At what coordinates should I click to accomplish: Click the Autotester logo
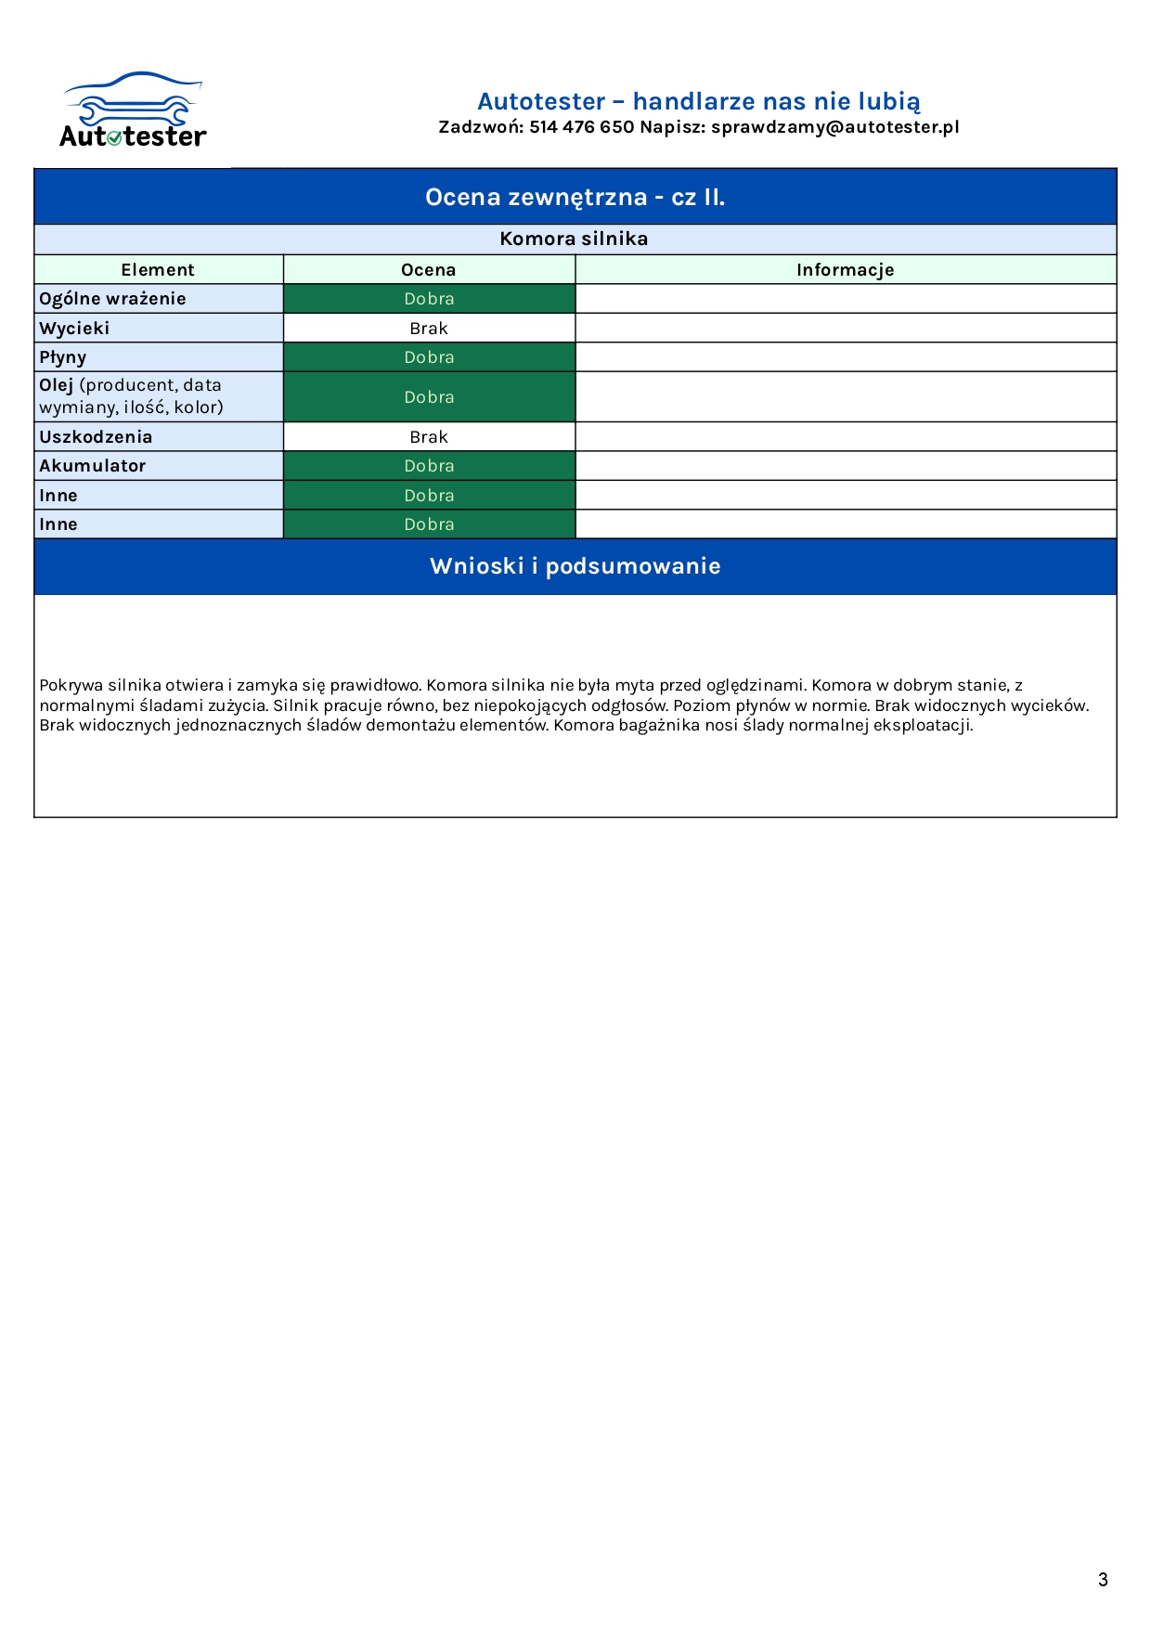click(x=133, y=111)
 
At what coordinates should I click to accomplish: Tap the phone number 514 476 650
click(x=581, y=127)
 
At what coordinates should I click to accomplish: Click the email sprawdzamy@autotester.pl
click(x=834, y=127)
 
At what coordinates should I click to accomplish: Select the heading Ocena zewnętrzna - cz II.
click(x=575, y=197)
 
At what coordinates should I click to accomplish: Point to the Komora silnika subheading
click(x=574, y=239)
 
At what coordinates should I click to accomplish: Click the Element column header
click(x=158, y=270)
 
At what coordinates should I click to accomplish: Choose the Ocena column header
click(x=429, y=270)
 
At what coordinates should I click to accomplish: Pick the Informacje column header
click(x=845, y=270)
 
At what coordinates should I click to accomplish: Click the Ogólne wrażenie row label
click(x=112, y=299)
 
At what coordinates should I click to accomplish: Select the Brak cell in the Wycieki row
click(x=429, y=329)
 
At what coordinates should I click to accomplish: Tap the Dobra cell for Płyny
click(x=429, y=357)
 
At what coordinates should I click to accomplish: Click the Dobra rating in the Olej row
click(x=429, y=397)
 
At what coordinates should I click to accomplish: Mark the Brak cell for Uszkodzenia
click(x=429, y=437)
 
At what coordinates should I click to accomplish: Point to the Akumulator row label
click(x=93, y=466)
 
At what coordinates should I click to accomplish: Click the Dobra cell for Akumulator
click(x=429, y=466)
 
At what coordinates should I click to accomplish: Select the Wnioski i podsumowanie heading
click(x=575, y=566)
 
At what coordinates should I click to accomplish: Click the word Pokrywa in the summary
click(x=71, y=686)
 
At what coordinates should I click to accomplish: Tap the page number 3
click(x=1103, y=1580)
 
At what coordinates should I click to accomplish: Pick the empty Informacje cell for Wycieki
click(x=845, y=329)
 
